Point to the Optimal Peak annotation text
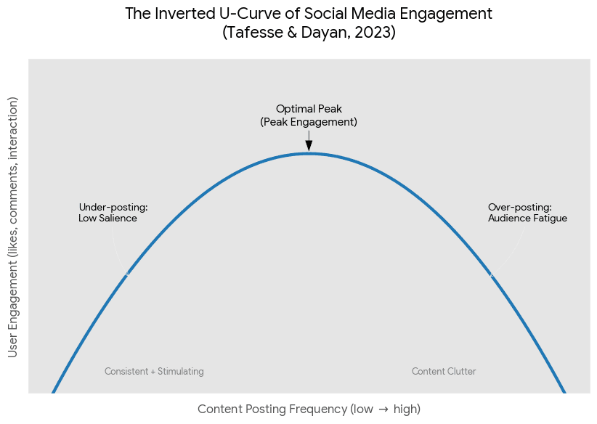pyautogui.click(x=309, y=109)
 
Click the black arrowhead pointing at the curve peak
pyautogui.click(x=309, y=145)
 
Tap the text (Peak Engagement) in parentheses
pyautogui.click(x=309, y=122)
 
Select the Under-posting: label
pyautogui.click(x=113, y=207)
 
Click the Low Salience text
pyautogui.click(x=107, y=218)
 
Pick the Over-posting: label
pyautogui.click(x=520, y=207)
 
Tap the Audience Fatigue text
pyautogui.click(x=527, y=218)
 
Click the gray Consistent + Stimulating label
pyautogui.click(x=154, y=372)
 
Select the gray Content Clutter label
pyautogui.click(x=444, y=372)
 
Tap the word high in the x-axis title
pyautogui.click(x=406, y=409)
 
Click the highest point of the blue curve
pyautogui.click(x=309, y=153)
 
